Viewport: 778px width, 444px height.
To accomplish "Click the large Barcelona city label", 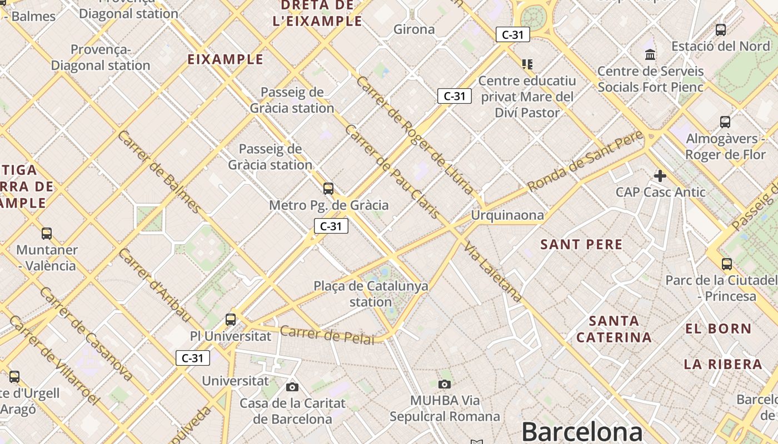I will pos(582,431).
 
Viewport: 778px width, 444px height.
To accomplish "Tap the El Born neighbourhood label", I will pos(718,329).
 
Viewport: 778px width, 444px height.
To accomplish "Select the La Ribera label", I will pos(722,364).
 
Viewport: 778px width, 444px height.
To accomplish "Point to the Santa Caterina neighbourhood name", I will pos(614,329).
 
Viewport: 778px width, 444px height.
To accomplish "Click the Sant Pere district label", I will pos(581,244).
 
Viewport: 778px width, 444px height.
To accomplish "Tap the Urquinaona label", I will pos(507,215).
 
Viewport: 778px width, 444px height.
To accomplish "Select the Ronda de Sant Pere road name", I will pos(585,161).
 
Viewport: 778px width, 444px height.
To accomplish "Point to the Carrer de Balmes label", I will pos(159,172).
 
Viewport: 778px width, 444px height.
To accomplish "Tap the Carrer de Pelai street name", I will pos(327,335).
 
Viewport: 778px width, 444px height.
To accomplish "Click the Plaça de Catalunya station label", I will pos(371,294).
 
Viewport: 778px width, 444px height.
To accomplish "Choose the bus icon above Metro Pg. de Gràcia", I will pos(328,189).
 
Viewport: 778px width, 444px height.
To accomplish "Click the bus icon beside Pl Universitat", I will pos(231,320).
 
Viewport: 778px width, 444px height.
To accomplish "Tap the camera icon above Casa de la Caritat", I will pos(292,387).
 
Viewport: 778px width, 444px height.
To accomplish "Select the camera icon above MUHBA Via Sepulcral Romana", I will pos(444,384).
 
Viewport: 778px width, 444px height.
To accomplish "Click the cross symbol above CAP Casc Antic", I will pos(660,176).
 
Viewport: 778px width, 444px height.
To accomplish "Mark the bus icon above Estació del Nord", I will pos(721,30).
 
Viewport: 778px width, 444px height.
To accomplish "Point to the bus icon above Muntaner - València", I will pos(47,234).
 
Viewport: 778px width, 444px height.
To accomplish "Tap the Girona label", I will pos(414,29).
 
